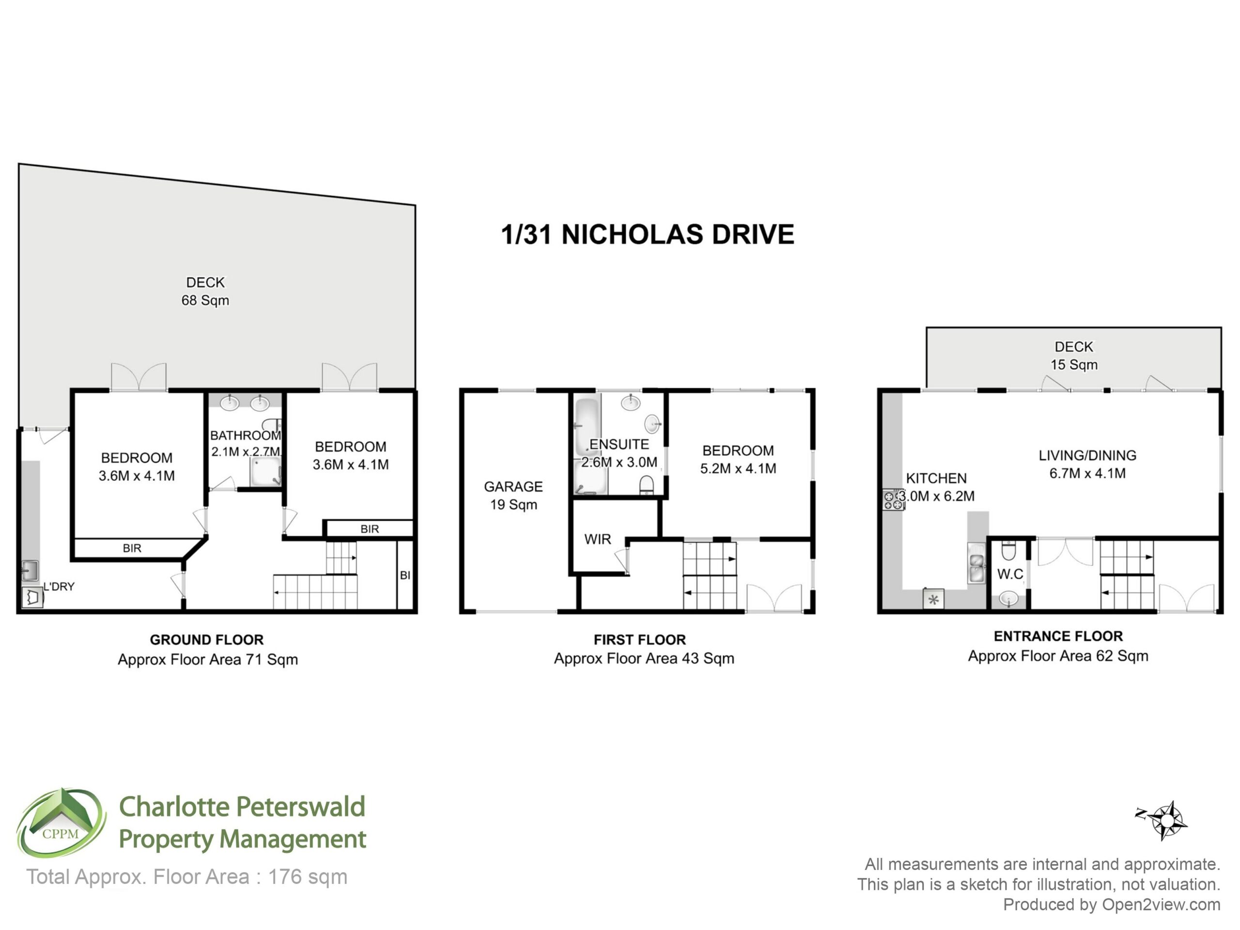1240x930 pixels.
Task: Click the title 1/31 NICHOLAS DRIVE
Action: (x=648, y=234)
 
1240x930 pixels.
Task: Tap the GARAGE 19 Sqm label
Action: (x=513, y=496)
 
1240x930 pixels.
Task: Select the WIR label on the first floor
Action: (x=598, y=539)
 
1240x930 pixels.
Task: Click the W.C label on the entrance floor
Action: (x=1010, y=574)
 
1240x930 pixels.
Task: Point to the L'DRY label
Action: (x=59, y=587)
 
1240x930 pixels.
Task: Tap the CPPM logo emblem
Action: (x=61, y=823)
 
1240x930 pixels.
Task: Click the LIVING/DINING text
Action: (x=1087, y=456)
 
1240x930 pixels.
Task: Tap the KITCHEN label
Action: (x=936, y=478)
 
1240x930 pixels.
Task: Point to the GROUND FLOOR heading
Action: (x=206, y=640)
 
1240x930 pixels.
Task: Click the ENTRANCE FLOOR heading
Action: (x=1058, y=636)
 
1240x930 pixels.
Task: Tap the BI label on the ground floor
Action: (x=405, y=575)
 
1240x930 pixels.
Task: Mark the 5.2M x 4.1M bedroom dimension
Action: (x=738, y=469)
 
